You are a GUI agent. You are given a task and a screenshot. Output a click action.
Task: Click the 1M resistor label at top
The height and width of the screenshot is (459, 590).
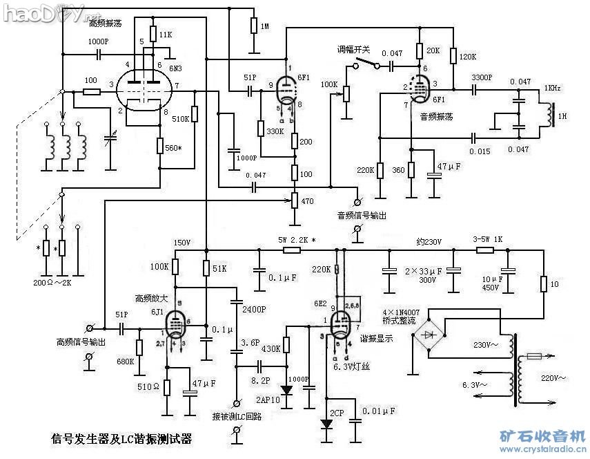pos(264,26)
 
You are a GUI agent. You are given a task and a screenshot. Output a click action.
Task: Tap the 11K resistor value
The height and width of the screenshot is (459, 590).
pos(166,34)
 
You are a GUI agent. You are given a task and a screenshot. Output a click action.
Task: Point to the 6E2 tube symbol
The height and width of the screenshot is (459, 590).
pos(340,323)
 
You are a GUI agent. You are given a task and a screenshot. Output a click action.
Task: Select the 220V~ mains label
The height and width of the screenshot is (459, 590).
pos(553,378)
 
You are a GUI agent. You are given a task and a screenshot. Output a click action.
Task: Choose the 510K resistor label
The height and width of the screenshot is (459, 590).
pos(181,119)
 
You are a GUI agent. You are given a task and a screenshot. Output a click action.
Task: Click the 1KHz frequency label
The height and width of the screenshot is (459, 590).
pos(552,88)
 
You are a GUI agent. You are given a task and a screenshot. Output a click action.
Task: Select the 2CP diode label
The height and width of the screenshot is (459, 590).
pos(337,413)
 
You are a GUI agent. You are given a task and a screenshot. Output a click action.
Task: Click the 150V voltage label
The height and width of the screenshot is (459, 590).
pos(181,243)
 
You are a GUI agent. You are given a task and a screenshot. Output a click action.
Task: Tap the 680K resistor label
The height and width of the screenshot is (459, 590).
pos(126,362)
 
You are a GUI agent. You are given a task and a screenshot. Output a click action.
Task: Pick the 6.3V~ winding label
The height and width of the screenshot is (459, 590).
pos(475,384)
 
